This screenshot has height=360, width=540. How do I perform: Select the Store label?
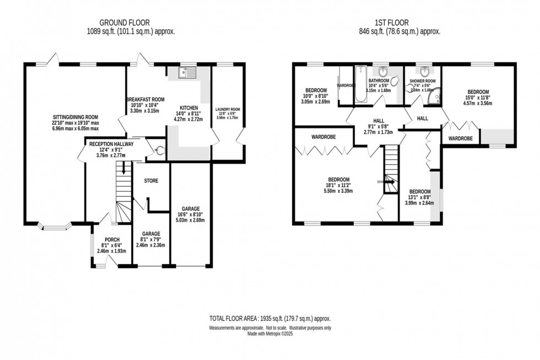[x=151, y=180]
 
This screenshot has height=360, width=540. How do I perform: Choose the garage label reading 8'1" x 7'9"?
[x=150, y=239]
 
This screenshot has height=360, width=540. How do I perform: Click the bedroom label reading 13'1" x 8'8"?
[x=419, y=196]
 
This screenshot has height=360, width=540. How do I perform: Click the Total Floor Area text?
[x=269, y=319]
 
